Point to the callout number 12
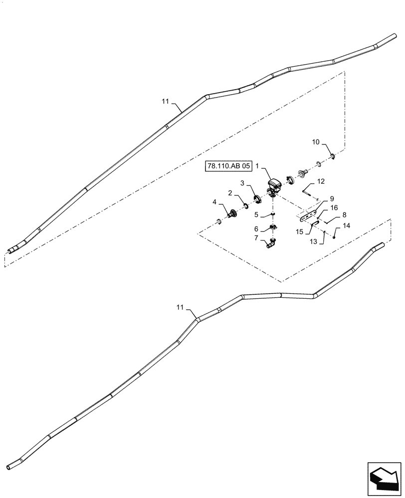pos(321,181)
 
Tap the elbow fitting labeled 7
pos(271,244)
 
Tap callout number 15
pos(299,231)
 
